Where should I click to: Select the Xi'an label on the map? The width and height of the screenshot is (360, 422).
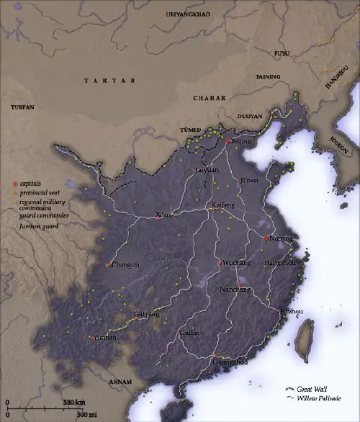coord(164,215)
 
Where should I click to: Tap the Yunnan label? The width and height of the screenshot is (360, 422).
coord(102,337)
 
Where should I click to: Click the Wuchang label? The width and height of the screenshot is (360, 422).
coord(236,263)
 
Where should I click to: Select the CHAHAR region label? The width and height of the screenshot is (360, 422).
coord(209,97)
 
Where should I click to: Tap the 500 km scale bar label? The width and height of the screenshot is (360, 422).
coord(74,401)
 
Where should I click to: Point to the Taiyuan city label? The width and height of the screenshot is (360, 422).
coord(207,170)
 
